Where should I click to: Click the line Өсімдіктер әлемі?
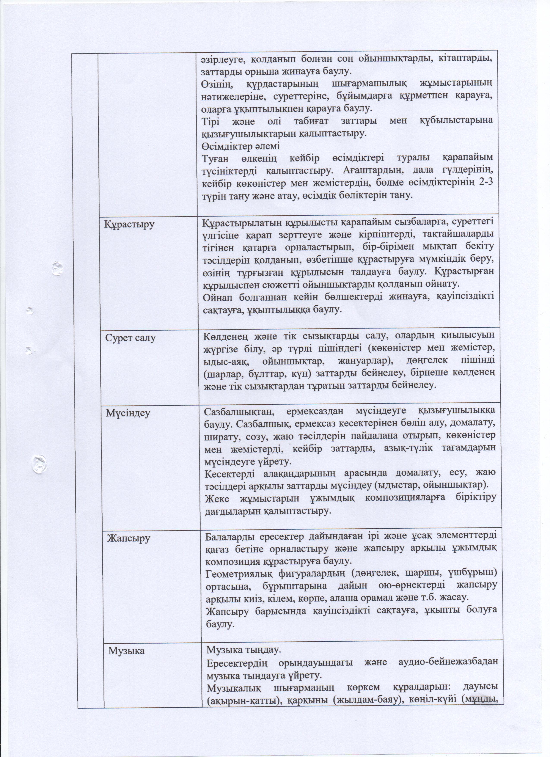pyautogui.click(x=240, y=146)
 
